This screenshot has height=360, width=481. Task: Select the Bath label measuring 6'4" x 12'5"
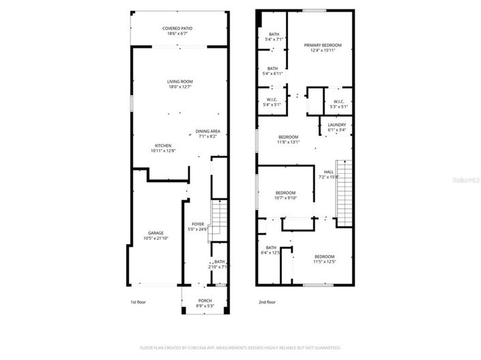point(271,250)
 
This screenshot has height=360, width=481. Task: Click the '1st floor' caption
point(138,301)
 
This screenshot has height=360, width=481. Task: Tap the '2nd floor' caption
point(266,301)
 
